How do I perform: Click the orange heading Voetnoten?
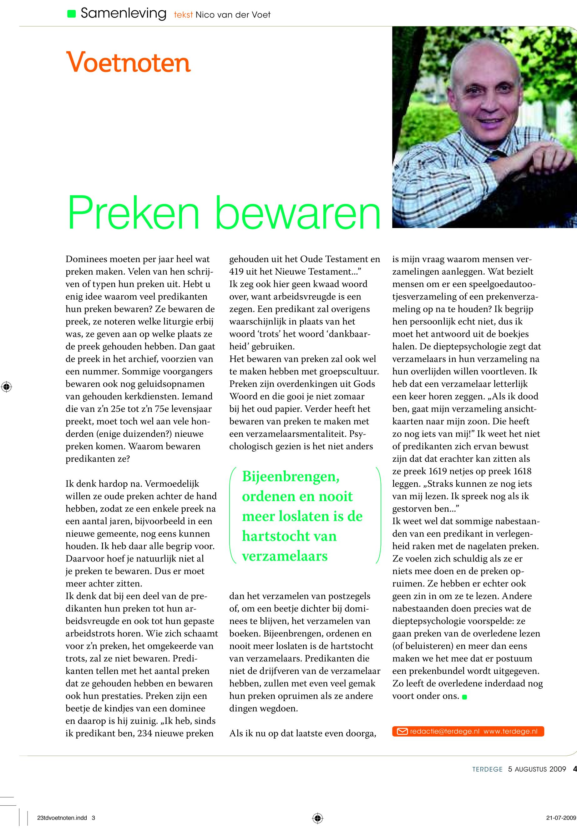coord(128,63)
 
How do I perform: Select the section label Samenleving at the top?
coord(123,14)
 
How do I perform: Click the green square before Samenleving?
coord(72,14)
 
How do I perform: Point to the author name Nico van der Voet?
coord(233,15)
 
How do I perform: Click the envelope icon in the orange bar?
coord(402,732)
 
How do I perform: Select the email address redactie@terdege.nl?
coord(445,732)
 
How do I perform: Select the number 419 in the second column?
coord(236,271)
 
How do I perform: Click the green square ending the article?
coord(464,697)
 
